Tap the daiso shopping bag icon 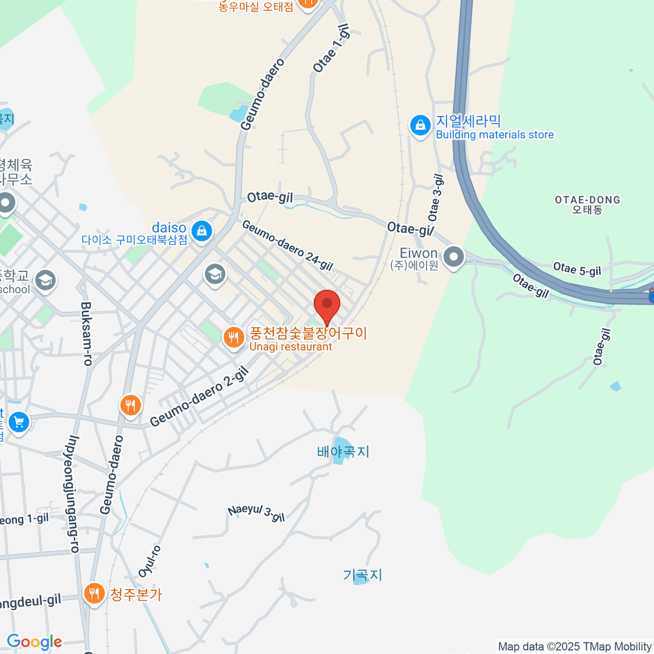pyautogui.click(x=202, y=231)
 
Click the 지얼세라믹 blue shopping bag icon pyautogui.click(x=420, y=125)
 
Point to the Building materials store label pyautogui.click(x=494, y=135)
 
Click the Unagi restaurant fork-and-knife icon pyautogui.click(x=234, y=338)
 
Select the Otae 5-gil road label pyautogui.click(x=577, y=269)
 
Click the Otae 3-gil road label pyautogui.click(x=436, y=197)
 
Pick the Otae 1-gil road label pyautogui.click(x=331, y=49)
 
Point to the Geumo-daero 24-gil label pyautogui.click(x=287, y=245)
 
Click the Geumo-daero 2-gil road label pyautogui.click(x=199, y=397)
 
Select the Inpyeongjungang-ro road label pyautogui.click(x=72, y=494)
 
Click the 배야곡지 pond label pyautogui.click(x=343, y=451)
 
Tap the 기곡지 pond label pyautogui.click(x=362, y=575)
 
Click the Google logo pyautogui.click(x=34, y=642)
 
